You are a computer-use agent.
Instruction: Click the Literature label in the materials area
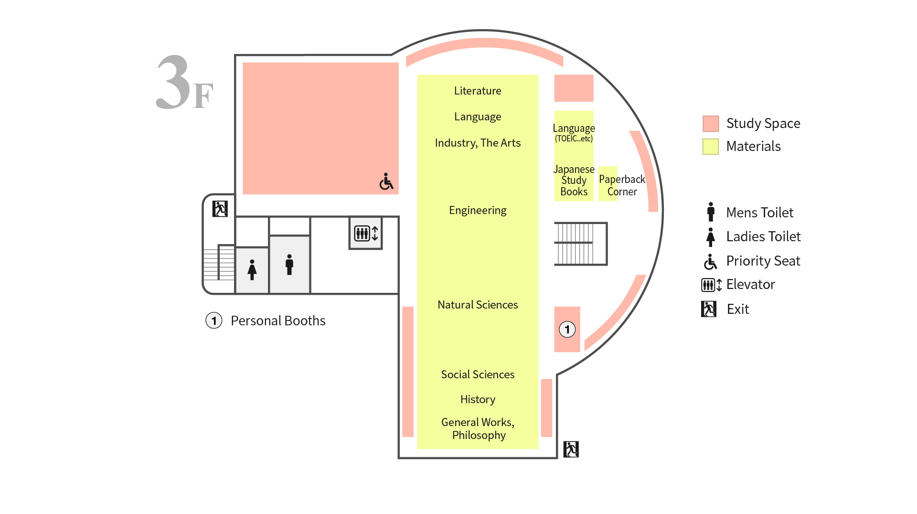(x=478, y=91)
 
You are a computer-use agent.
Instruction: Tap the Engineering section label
(x=478, y=210)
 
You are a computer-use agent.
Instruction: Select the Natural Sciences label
(x=478, y=305)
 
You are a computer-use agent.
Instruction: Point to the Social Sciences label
(x=478, y=375)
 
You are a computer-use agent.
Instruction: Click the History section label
(x=478, y=399)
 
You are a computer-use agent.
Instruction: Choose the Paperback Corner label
(x=622, y=185)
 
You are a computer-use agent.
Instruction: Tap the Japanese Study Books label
(x=574, y=181)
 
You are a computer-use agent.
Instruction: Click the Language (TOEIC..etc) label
(x=574, y=133)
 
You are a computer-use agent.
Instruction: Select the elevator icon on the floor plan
(x=366, y=233)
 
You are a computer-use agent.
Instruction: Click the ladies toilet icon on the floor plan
(x=252, y=269)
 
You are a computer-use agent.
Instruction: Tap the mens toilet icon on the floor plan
(x=289, y=265)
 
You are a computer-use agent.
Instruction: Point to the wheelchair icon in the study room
(x=386, y=182)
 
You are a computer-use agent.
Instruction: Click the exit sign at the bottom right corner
(x=571, y=449)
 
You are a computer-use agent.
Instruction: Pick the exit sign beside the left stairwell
(x=220, y=209)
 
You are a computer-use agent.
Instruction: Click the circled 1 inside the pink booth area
(x=567, y=329)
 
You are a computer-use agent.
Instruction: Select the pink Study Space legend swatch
(x=711, y=124)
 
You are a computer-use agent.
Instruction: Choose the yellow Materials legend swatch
(x=711, y=147)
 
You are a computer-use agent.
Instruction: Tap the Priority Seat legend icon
(x=710, y=262)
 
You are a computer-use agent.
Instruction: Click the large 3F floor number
(x=184, y=82)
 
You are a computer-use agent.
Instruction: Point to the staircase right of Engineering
(x=580, y=244)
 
